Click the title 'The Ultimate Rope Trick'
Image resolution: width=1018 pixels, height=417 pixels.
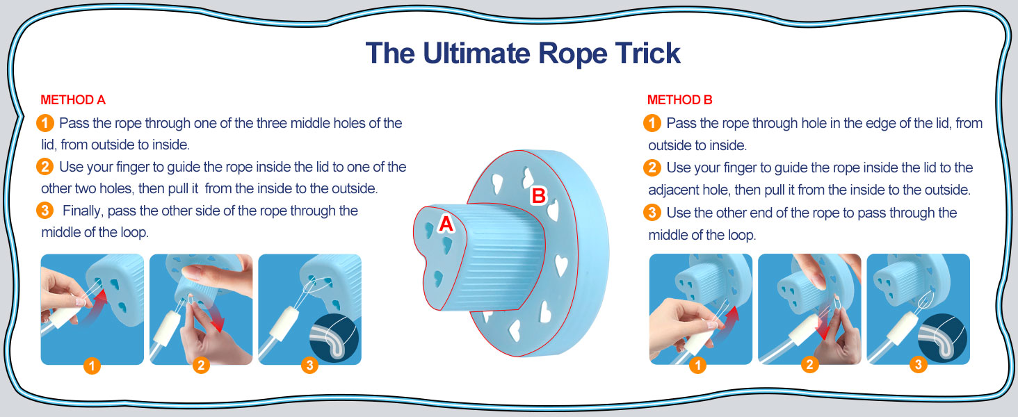click(523, 53)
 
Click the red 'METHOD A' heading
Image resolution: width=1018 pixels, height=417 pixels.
click(73, 100)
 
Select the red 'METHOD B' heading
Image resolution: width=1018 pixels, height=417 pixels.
click(679, 100)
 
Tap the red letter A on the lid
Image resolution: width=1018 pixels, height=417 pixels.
click(446, 224)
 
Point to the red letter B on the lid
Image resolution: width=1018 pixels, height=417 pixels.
click(538, 196)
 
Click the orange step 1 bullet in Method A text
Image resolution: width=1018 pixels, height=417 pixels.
click(45, 124)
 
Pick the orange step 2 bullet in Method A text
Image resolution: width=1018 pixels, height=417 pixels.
click(45, 167)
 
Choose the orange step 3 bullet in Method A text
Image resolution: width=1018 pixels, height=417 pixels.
click(45, 211)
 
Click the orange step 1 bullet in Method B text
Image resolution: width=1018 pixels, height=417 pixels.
click(652, 124)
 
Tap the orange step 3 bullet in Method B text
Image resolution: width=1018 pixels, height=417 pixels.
click(652, 213)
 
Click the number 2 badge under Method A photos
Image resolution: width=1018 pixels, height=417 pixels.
click(201, 365)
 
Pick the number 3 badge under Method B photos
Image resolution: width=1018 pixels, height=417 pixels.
click(918, 365)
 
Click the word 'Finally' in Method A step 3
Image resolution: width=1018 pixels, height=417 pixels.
click(82, 211)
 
